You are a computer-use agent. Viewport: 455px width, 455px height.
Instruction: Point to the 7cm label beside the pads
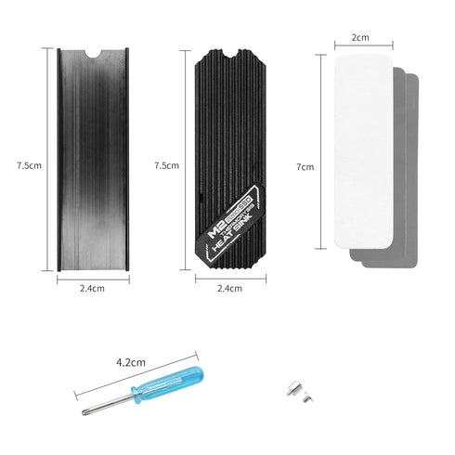(x=305, y=167)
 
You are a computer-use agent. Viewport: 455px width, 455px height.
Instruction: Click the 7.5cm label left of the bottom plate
(x=28, y=165)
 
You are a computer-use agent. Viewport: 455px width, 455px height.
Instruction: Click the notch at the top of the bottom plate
(x=93, y=53)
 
